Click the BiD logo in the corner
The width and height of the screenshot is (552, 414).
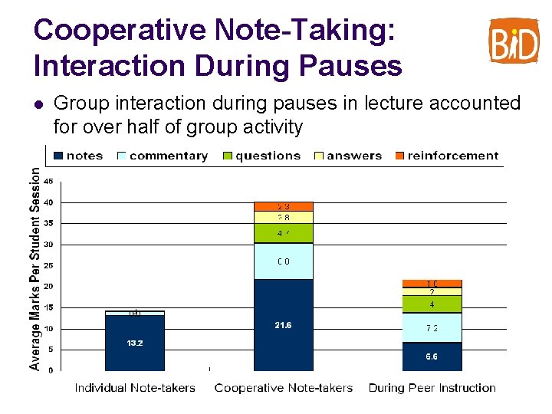point(514,40)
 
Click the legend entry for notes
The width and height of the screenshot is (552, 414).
point(77,156)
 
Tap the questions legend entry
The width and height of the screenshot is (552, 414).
point(261,156)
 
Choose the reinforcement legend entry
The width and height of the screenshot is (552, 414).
point(445,156)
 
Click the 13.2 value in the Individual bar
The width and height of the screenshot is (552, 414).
point(135,343)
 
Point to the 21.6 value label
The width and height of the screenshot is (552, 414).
point(284,326)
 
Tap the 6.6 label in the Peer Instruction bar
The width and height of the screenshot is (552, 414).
point(432,356)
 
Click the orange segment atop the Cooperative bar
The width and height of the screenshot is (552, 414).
point(284,206)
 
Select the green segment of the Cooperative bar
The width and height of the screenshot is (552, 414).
point(284,233)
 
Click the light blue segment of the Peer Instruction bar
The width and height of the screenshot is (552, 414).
point(432,328)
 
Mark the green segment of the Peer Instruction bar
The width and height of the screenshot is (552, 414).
point(432,304)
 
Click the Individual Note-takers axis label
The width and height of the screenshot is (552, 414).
point(135,388)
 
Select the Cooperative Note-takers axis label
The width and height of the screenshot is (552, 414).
point(284,388)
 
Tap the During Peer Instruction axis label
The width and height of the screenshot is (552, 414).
point(432,388)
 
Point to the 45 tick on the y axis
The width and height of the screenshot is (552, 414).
point(48,182)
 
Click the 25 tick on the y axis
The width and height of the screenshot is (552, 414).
point(48,266)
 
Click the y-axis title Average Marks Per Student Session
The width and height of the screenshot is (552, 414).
point(34,268)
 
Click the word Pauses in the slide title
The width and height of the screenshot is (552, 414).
point(350,66)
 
